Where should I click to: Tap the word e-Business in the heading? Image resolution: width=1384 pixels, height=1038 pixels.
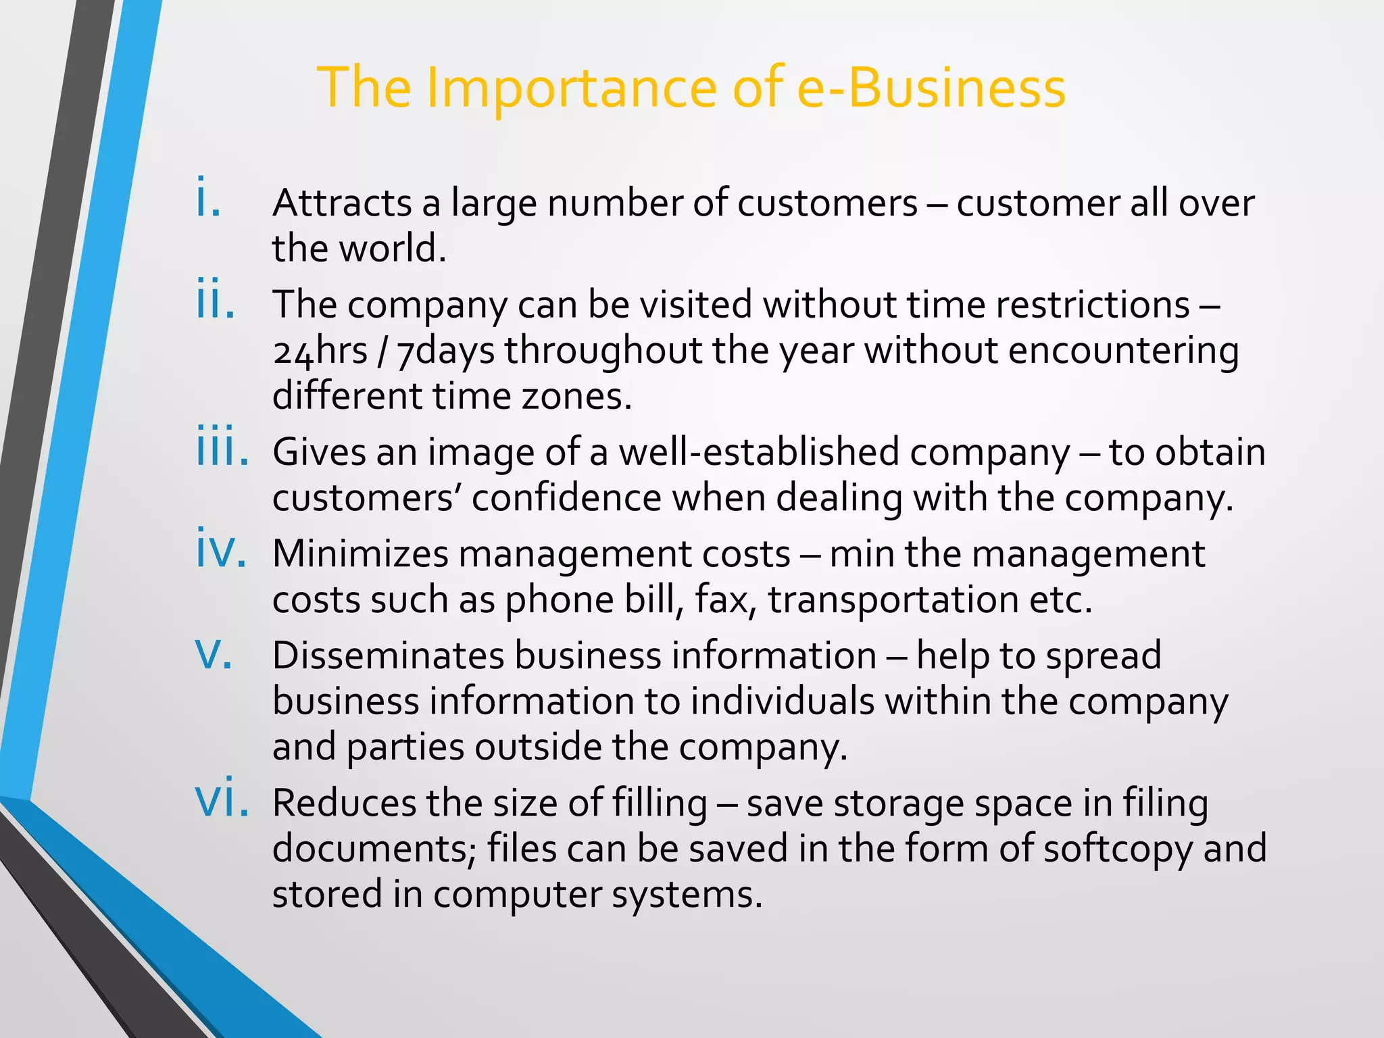[x=931, y=88]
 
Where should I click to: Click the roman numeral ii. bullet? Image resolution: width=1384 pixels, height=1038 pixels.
[x=216, y=299]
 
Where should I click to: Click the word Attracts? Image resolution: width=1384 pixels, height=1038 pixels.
[x=342, y=203]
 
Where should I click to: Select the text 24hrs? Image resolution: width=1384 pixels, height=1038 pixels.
[x=320, y=351]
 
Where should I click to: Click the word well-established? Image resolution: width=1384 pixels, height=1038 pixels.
[x=759, y=452]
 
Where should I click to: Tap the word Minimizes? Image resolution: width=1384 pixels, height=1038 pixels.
[x=360, y=554]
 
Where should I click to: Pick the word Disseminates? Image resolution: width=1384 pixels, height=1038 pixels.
[x=389, y=656]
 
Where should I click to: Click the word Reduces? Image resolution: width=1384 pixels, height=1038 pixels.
[x=345, y=804]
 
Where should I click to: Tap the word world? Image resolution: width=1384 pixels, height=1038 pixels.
[x=392, y=249]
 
